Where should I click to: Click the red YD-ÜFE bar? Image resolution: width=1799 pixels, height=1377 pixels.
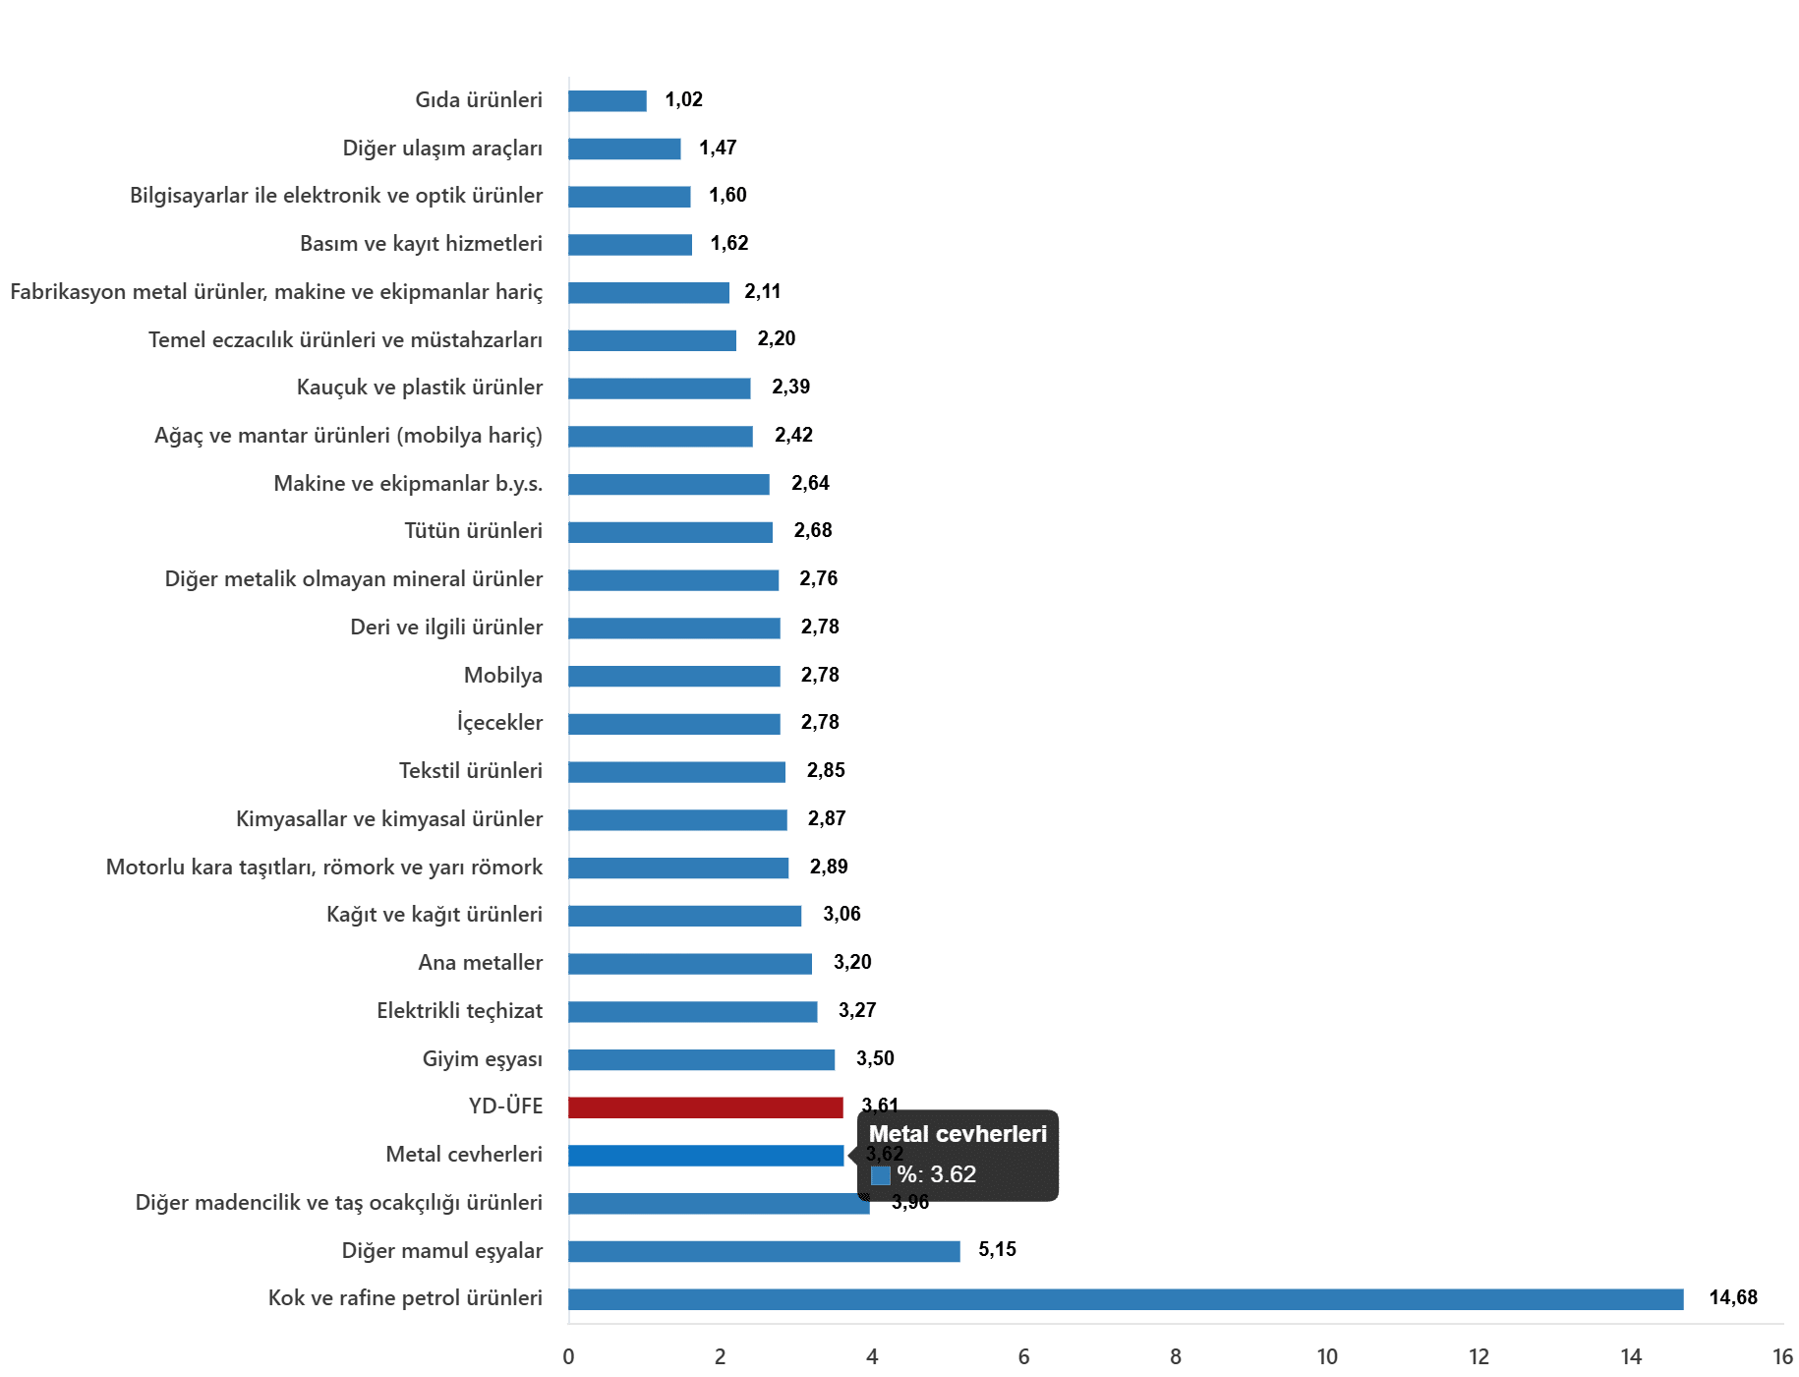click(706, 1108)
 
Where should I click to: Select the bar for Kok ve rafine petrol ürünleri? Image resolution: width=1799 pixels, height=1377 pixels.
click(1126, 1299)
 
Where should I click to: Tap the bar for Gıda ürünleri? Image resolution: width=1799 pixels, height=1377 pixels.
click(608, 100)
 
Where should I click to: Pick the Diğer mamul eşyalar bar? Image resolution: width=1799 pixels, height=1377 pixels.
click(764, 1251)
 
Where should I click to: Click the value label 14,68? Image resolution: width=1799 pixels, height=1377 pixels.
click(1733, 1297)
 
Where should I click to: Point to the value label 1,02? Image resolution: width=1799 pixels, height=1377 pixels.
click(683, 99)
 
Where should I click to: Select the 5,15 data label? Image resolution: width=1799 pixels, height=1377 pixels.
click(997, 1249)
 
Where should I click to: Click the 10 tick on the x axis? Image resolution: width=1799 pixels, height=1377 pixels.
click(1327, 1356)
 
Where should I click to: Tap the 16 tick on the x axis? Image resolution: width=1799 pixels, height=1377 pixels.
click(1782, 1356)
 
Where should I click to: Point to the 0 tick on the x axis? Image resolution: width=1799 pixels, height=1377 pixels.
click(568, 1356)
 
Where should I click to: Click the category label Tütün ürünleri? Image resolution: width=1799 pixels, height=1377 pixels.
click(473, 530)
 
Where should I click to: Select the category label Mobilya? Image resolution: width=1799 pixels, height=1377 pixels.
click(502, 675)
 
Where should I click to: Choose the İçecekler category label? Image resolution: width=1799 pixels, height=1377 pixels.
click(499, 722)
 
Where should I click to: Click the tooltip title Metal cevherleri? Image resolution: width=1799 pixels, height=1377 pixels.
click(958, 1134)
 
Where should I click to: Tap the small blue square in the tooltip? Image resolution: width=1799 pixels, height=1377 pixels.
click(881, 1175)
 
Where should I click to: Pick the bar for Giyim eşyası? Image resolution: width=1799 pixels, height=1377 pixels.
click(701, 1059)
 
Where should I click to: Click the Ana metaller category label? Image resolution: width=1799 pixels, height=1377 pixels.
click(480, 962)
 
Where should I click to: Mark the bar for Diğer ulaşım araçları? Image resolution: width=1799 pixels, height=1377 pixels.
click(624, 149)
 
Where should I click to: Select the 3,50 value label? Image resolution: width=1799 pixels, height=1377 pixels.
click(875, 1058)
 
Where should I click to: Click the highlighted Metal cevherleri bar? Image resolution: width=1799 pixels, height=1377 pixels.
click(706, 1156)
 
